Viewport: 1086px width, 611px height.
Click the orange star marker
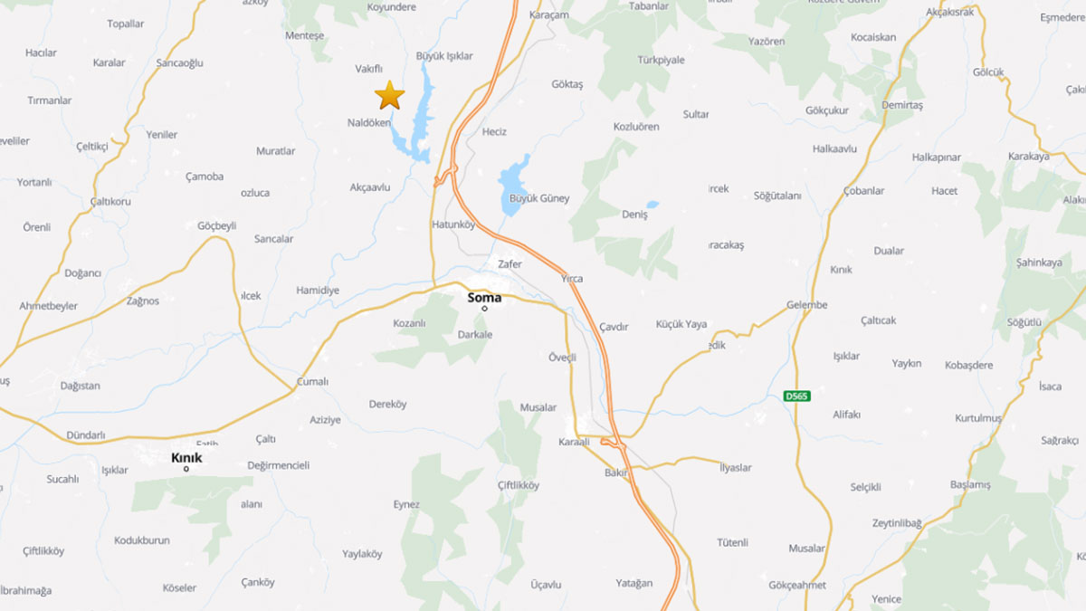click(x=389, y=95)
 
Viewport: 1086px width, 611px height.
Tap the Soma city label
click(x=484, y=297)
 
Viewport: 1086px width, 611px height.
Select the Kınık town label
click(x=186, y=458)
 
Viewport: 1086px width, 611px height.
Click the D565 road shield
click(x=796, y=396)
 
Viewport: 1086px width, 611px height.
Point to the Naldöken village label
click(x=369, y=122)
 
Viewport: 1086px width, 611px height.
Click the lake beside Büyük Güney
click(x=513, y=184)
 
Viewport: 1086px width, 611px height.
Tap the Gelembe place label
click(x=806, y=305)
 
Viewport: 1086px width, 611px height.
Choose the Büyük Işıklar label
click(x=443, y=56)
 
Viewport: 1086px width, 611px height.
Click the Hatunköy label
click(x=453, y=224)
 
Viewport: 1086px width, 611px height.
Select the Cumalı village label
click(x=313, y=382)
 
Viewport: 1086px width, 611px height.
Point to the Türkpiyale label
click(x=660, y=60)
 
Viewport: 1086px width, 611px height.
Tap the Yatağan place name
click(x=633, y=584)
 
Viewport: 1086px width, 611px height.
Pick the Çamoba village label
click(x=204, y=177)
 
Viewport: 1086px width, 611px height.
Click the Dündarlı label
click(x=86, y=435)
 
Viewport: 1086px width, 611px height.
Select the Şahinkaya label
click(x=1040, y=263)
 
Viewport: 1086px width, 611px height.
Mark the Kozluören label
click(x=636, y=127)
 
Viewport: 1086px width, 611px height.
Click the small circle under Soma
click(x=484, y=309)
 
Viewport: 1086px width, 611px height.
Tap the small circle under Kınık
click(x=186, y=469)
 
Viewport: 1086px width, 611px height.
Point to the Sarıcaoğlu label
click(x=180, y=63)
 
